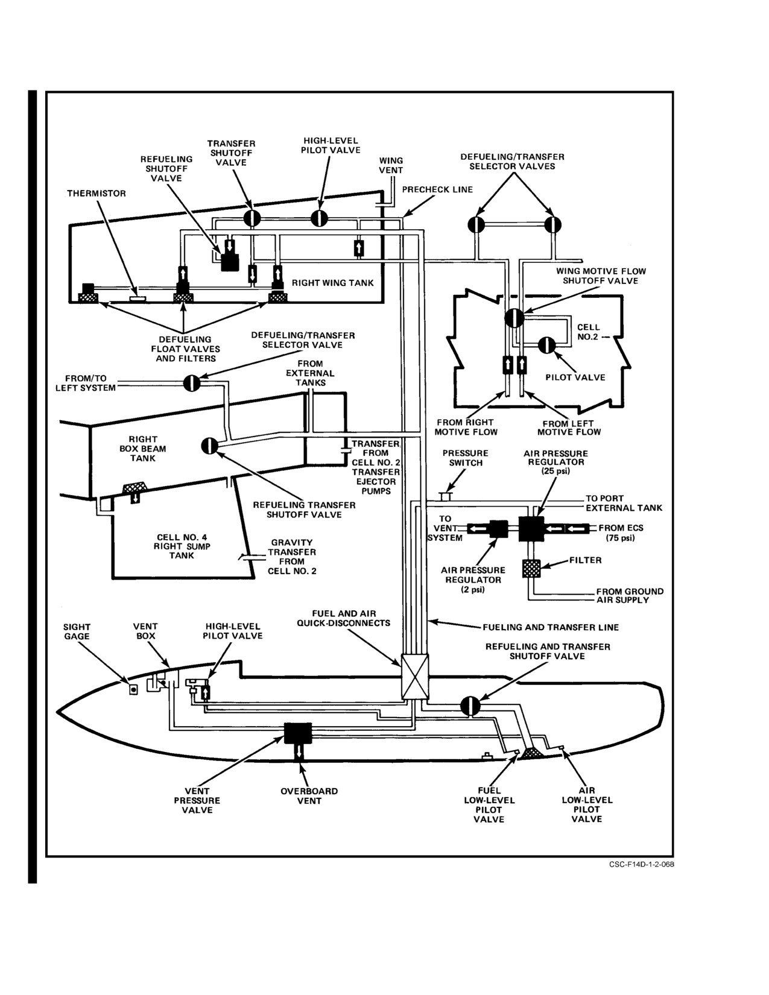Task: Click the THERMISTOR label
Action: (x=96, y=193)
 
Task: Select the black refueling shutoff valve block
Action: (x=230, y=262)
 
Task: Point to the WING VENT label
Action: (x=391, y=165)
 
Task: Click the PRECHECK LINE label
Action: (x=437, y=189)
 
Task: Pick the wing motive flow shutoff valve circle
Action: (x=514, y=318)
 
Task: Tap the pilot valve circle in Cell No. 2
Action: (x=546, y=346)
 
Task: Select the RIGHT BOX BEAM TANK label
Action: (x=142, y=449)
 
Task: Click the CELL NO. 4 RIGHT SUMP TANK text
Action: (x=182, y=546)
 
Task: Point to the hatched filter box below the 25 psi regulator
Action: (x=531, y=569)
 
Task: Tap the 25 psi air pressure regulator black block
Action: (x=531, y=529)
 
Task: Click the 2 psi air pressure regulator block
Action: (x=499, y=529)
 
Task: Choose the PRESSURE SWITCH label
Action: (x=466, y=458)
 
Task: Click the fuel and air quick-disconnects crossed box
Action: (x=414, y=677)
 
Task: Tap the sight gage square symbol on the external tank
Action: (x=133, y=689)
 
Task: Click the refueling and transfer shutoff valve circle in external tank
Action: (x=470, y=706)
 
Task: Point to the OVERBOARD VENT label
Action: (x=309, y=796)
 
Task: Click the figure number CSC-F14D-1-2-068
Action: (x=641, y=865)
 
